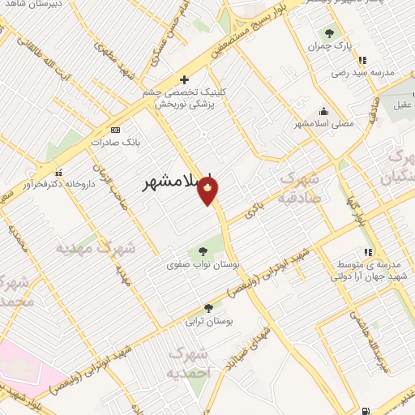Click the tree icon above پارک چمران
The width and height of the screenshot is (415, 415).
pyautogui.click(x=329, y=34)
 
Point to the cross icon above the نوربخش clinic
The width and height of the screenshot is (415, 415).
pyautogui.click(x=185, y=79)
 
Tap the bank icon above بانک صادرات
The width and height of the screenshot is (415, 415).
pyautogui.click(x=115, y=129)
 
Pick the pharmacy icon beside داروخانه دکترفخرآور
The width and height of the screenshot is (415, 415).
pyautogui.click(x=58, y=172)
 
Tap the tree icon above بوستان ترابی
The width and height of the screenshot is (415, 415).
pyautogui.click(x=209, y=308)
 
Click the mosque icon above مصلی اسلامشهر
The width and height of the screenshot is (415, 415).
pyautogui.click(x=324, y=112)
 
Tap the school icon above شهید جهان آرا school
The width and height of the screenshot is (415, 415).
pyautogui.click(x=369, y=252)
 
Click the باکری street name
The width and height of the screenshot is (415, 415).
pyautogui.click(x=258, y=200)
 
